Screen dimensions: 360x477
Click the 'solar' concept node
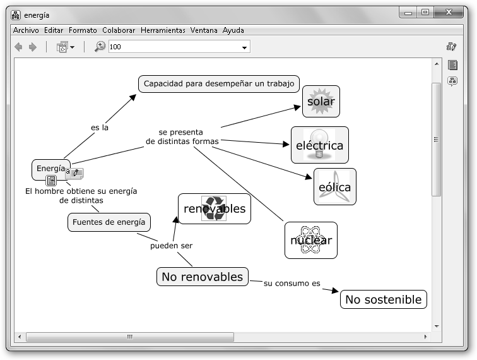point(321,102)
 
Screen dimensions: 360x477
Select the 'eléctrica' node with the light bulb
point(319,145)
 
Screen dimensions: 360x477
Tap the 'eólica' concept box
point(334,187)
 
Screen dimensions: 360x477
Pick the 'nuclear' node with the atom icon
point(310,240)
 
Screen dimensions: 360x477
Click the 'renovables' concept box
point(214,208)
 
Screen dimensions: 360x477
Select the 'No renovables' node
point(202,277)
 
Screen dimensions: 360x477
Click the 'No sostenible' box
point(383,299)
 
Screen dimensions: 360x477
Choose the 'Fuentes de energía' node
point(109,222)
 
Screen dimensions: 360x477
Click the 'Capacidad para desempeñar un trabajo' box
point(218,83)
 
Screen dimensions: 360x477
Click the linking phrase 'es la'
point(100,127)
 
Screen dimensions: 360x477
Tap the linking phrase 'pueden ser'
point(171,246)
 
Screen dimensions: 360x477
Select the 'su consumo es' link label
point(287,283)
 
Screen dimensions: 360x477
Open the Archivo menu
point(26,30)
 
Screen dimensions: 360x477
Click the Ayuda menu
point(233,30)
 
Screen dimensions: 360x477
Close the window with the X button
point(451,12)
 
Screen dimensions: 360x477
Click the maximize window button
point(425,12)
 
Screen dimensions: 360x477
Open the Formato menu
point(83,30)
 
